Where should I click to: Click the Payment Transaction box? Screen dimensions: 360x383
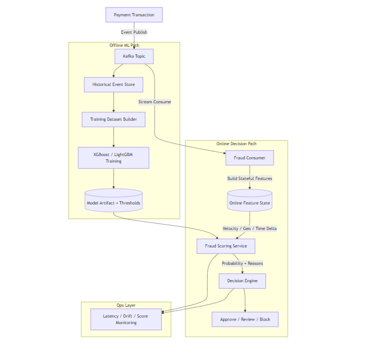coord(134,15)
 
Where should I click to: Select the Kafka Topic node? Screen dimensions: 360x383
coord(134,56)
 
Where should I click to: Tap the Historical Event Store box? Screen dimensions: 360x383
coord(113,84)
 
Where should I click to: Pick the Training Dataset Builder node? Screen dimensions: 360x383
coord(113,119)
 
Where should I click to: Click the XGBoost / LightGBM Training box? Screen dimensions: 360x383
coord(113,158)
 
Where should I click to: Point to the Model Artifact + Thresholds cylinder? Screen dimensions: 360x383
coord(113,202)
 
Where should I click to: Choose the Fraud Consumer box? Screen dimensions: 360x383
coord(249,158)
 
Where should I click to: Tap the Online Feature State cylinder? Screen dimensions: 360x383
coord(249,202)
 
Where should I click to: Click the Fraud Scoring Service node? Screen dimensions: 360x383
coord(226,246)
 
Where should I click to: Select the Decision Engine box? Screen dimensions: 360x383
coord(242,281)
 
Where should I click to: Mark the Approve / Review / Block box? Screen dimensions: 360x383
coord(245,319)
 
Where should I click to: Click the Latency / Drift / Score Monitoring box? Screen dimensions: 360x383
coord(126,319)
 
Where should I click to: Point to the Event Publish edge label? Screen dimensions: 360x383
coord(134,32)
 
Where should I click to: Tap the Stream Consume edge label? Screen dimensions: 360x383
coord(155,102)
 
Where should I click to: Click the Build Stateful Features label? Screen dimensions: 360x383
coord(250,178)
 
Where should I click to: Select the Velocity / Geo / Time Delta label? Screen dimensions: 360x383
coord(249,228)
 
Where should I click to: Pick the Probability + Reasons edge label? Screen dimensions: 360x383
coord(242,263)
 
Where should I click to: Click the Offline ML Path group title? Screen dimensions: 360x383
coord(124,45)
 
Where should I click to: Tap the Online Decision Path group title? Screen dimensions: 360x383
coord(236,144)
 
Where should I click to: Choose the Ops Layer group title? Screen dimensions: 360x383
coord(126,305)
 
